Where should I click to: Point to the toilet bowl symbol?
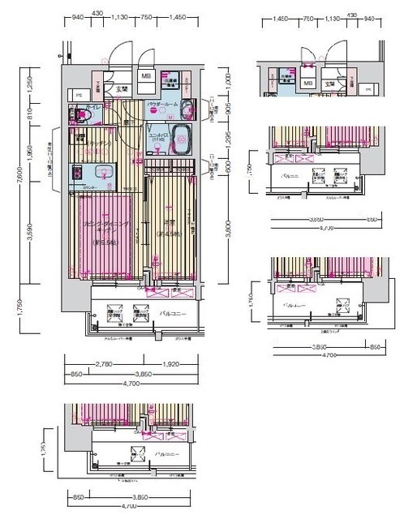(82, 115)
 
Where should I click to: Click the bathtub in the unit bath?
(180, 136)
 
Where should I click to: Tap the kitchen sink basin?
(103, 171)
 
